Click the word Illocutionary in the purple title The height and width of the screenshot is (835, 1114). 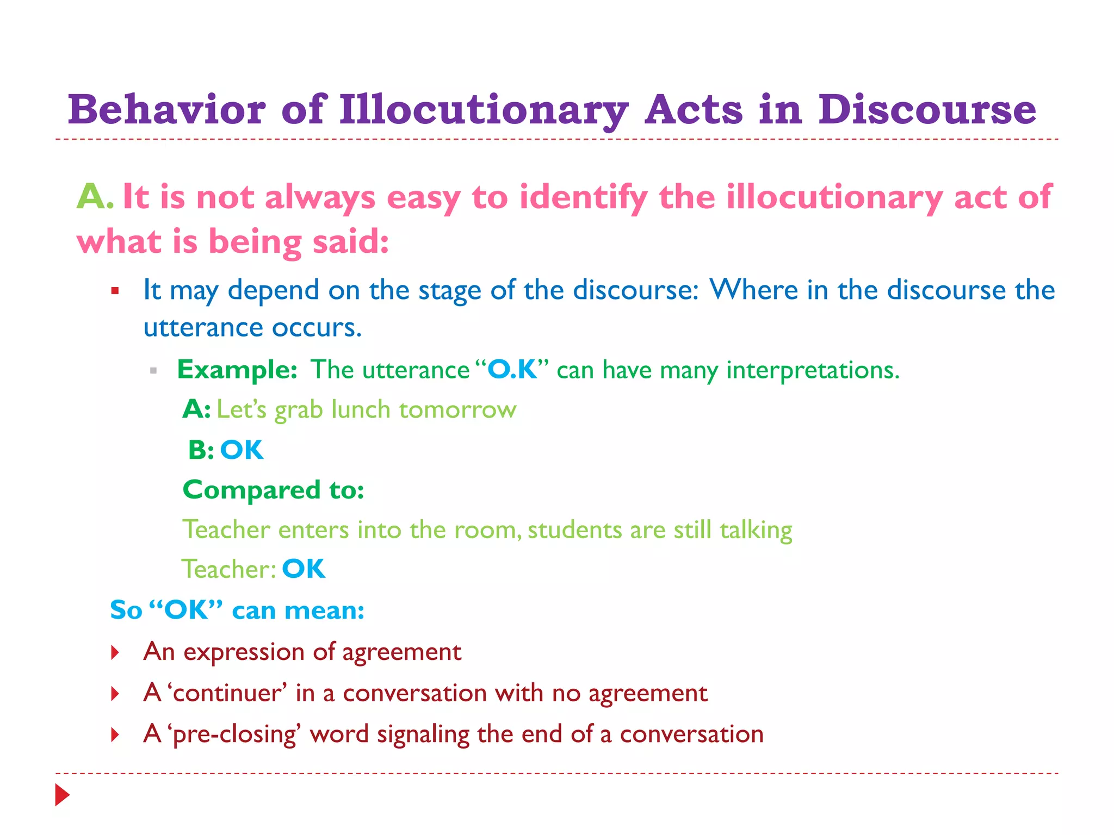(484, 110)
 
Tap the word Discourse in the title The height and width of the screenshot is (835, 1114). (926, 110)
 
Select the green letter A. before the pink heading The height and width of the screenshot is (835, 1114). (95, 196)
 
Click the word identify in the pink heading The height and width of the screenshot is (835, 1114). (583, 197)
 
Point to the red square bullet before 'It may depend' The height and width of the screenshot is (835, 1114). (115, 291)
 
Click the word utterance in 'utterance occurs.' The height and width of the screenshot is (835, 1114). (203, 327)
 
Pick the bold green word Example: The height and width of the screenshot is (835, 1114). (237, 370)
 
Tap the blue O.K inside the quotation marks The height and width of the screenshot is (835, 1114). (512, 370)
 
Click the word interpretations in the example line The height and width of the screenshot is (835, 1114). (812, 371)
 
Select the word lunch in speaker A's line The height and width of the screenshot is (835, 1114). (361, 409)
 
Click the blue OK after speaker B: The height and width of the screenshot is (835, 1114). (242, 450)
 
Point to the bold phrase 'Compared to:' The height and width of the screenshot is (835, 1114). (274, 490)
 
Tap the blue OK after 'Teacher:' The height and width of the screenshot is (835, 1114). (304, 569)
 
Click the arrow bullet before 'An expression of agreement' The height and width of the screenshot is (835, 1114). (115, 652)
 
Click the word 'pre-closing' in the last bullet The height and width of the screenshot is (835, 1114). (234, 734)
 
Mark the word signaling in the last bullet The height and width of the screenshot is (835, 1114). (423, 734)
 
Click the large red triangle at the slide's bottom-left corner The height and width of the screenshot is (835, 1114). (63, 795)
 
